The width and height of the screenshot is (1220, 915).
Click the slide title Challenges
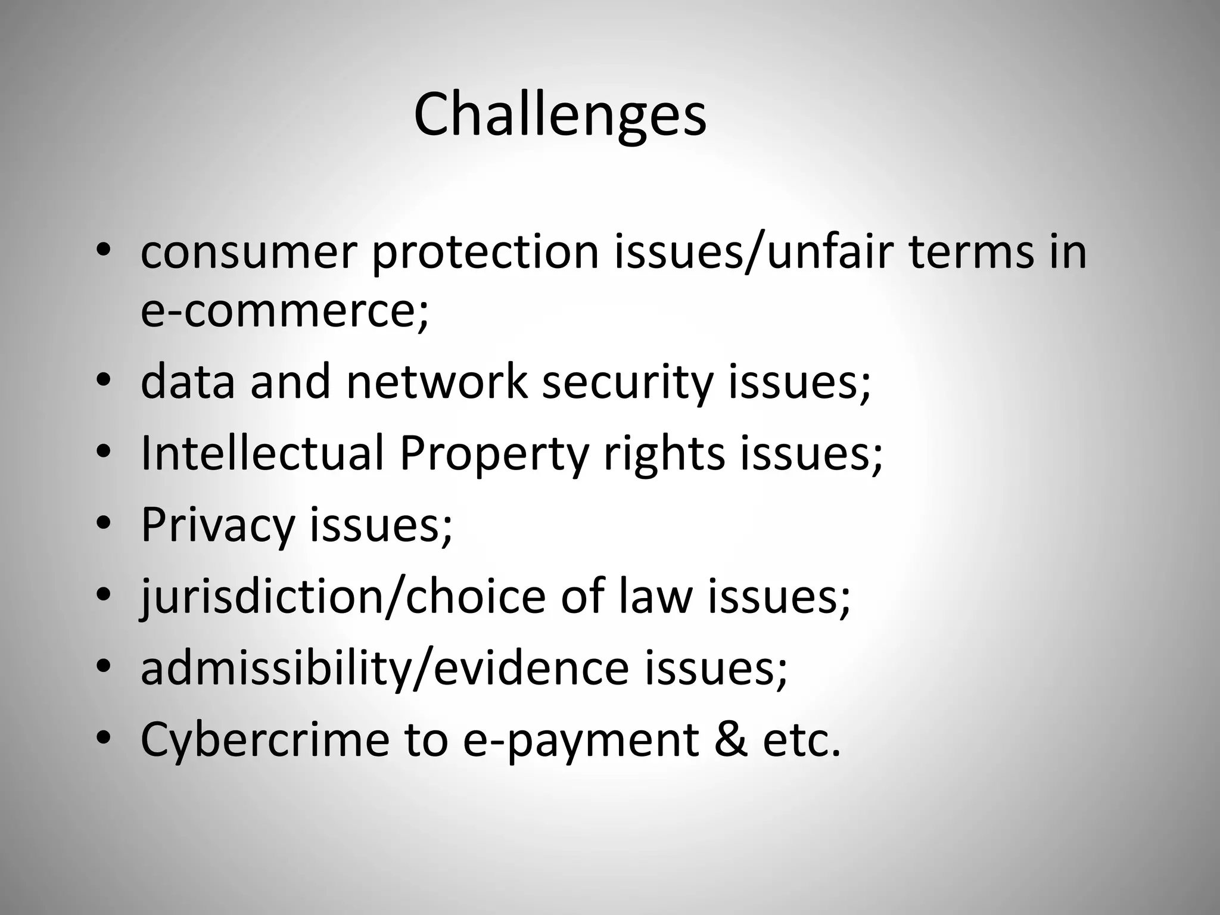[x=560, y=114]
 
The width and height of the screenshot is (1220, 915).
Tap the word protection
[x=485, y=252]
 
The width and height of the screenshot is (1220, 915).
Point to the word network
[x=437, y=382]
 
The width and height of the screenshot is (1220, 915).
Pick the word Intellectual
[x=262, y=453]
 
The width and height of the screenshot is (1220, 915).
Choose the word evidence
[x=531, y=668]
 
